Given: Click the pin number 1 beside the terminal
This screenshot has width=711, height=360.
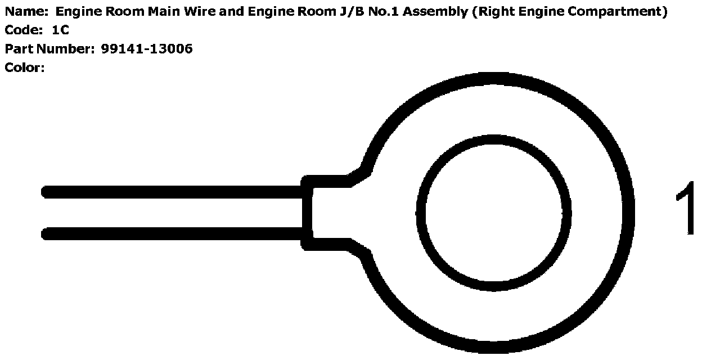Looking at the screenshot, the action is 686,209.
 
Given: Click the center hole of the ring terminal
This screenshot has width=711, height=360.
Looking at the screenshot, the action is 493,213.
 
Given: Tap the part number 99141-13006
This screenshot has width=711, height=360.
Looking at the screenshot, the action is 147,49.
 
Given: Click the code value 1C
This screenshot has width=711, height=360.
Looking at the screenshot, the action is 60,30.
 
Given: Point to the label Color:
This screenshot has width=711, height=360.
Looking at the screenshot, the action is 24,68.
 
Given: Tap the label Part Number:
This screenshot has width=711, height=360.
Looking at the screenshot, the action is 49,49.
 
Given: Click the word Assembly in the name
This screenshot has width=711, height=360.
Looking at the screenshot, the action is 438,12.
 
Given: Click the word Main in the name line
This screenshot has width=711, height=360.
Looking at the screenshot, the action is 160,12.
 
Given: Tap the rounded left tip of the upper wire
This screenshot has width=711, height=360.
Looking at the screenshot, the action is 46,192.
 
